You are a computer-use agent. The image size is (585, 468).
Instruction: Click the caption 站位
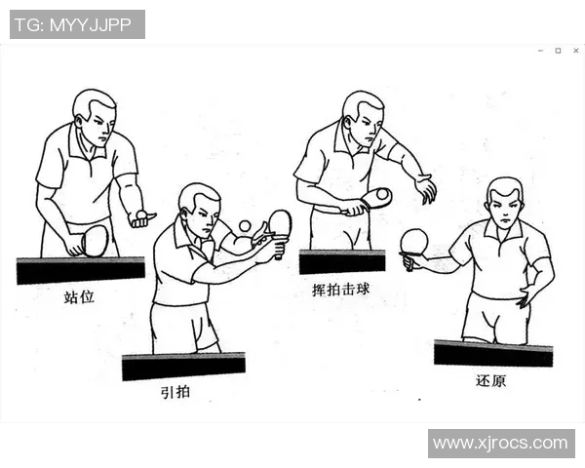coord(80,296)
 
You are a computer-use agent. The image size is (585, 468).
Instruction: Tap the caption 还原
coord(490,380)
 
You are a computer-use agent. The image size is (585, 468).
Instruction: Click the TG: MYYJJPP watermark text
coord(77,24)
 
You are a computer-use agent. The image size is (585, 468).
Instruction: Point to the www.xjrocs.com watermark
coord(500,443)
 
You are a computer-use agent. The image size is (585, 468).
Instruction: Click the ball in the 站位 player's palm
coord(141,214)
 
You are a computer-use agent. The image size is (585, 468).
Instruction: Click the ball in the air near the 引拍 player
coord(244,226)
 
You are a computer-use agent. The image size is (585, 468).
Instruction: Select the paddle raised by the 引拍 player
coord(280,223)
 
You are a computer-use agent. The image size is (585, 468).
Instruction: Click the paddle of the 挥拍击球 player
coord(376,197)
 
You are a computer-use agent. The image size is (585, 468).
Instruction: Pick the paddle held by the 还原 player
coord(414,242)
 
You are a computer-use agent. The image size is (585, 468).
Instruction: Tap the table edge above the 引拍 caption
coord(183,367)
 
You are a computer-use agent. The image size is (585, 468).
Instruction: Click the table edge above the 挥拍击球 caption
coord(341,261)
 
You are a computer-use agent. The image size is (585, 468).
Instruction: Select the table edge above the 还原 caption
coord(493,353)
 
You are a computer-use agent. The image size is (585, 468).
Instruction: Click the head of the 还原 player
coord(504,202)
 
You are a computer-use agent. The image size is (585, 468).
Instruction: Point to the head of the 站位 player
coord(95,116)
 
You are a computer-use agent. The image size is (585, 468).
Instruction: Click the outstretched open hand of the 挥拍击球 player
coord(425,187)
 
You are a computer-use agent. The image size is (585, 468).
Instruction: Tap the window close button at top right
coord(573,50)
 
